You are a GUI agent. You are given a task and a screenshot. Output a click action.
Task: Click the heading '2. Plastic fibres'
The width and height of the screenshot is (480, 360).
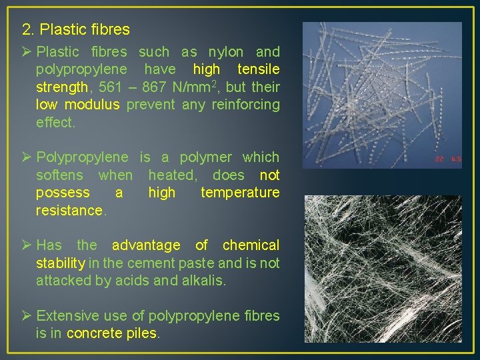coord(76,30)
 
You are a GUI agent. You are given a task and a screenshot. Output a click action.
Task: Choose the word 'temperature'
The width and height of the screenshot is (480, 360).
coord(240,193)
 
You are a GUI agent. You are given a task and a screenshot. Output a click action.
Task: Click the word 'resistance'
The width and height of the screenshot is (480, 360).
coord(70,211)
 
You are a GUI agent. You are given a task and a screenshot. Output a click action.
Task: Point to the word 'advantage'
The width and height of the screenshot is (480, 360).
coord(146,245)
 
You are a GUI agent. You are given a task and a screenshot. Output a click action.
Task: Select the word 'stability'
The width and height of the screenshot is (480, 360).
coord(60,263)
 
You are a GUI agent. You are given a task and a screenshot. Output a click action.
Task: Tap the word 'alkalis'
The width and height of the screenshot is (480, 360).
coord(203,281)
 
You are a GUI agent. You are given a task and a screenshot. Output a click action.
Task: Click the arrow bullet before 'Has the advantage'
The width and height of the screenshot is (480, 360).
coord(27,245)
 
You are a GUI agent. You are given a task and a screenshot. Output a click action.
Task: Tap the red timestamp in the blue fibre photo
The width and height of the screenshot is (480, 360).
coord(447,159)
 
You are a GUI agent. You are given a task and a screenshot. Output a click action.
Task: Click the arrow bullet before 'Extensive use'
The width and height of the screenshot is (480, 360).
coord(27,315)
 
